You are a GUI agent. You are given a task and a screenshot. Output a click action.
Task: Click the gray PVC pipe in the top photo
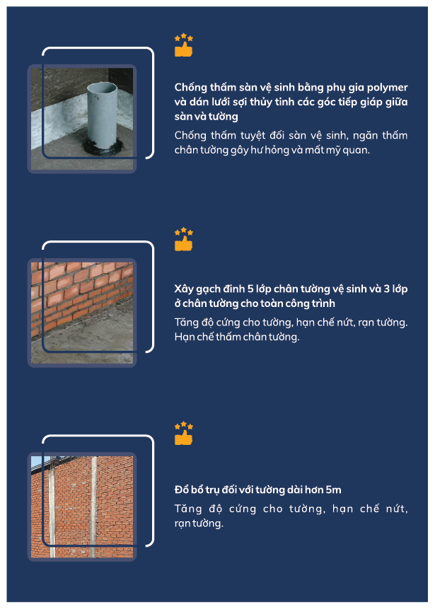[x=102, y=116]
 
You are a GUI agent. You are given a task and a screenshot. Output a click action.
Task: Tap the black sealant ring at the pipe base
[x=103, y=148]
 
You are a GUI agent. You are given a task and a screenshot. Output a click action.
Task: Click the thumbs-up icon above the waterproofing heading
[x=184, y=45]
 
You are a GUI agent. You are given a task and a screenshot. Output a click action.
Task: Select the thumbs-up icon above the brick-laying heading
[x=184, y=239]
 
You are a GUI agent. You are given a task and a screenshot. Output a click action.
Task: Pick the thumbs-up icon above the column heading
[x=184, y=434]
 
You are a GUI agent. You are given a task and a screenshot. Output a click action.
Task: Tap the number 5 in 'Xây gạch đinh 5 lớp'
[x=250, y=289]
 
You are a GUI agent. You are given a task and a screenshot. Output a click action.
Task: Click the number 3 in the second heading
[x=386, y=289]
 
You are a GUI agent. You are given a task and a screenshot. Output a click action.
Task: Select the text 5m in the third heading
[x=334, y=490]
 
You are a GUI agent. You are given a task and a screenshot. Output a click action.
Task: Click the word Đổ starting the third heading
[x=182, y=489]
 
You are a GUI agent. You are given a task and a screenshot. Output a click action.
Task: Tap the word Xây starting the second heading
[x=184, y=290]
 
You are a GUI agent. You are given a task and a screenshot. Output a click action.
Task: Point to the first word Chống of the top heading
[x=190, y=88]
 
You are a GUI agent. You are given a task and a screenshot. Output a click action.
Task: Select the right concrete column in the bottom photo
[x=93, y=507]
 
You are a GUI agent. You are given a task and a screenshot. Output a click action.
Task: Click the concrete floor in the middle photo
[x=89, y=342]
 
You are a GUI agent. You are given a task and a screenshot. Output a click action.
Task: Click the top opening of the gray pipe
[x=102, y=86]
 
